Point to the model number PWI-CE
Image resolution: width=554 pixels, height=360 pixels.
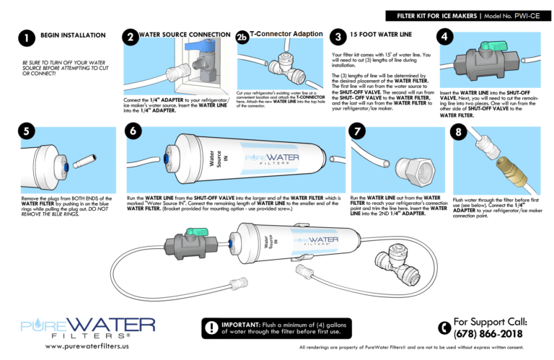pyautogui.click(x=527, y=15)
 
